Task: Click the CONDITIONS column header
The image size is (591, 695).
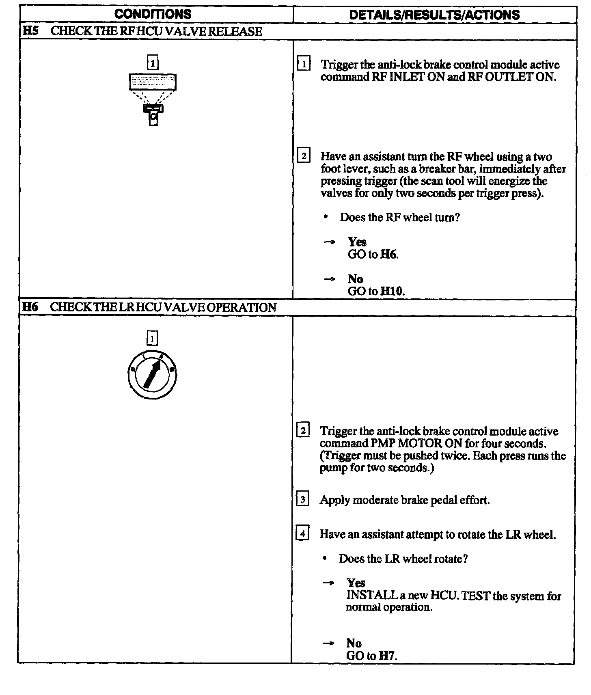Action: pos(153,14)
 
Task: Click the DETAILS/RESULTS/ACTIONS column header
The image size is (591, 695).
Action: pos(434,15)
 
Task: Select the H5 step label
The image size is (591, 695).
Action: pos(29,31)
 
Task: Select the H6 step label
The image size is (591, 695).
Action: pos(29,307)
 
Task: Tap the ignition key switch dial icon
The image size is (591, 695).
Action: pos(152,374)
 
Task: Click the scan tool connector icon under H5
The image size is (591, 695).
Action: pos(153,99)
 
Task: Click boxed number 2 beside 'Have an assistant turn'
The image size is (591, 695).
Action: pos(304,156)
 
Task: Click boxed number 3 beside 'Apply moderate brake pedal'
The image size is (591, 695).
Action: pos(303,499)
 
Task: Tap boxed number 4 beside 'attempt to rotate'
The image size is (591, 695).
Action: pos(303,533)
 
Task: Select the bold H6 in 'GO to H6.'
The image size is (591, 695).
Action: pos(389,255)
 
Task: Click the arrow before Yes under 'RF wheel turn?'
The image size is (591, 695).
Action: pos(330,242)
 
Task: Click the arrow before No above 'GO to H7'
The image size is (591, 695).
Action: pos(328,643)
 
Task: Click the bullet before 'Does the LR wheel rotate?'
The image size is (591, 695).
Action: pos(325,559)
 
